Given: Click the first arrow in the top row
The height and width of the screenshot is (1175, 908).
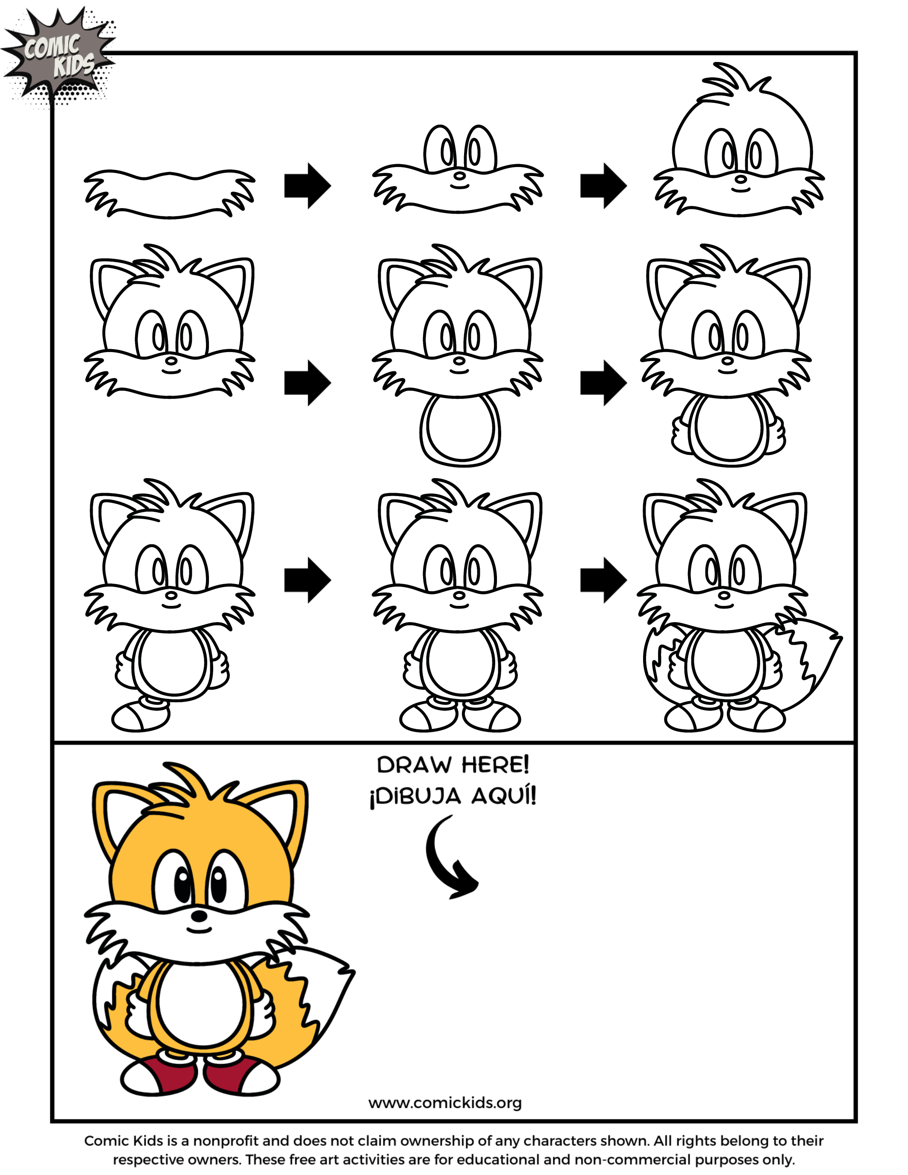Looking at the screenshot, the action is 307,185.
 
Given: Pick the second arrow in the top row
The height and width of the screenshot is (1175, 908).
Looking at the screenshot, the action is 603,185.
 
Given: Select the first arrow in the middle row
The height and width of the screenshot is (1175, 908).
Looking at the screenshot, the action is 307,382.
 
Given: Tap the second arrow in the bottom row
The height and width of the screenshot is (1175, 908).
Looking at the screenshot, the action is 603,580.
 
